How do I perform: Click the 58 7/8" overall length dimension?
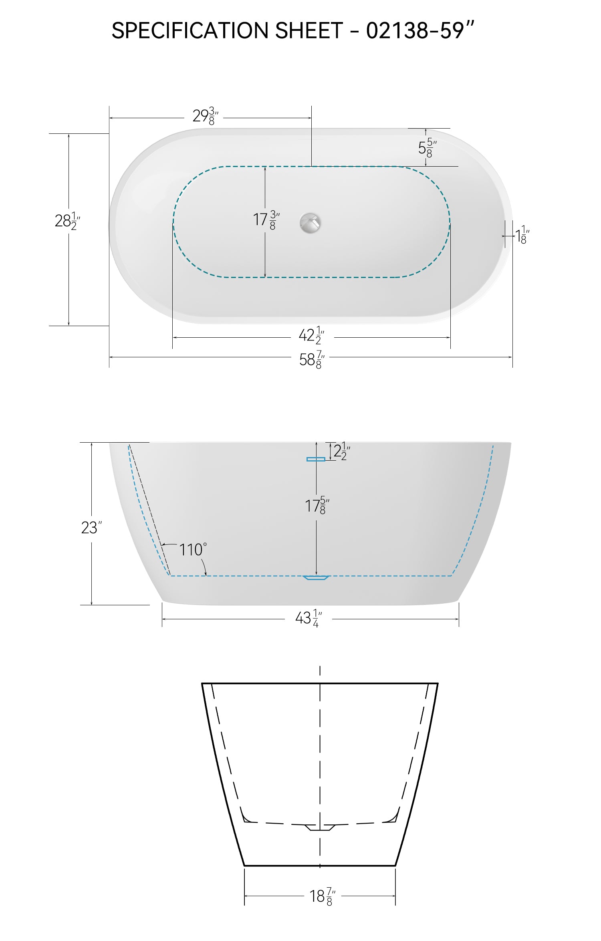point(312,359)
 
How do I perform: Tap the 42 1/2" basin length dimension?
point(311,335)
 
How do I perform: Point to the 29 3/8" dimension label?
point(205,116)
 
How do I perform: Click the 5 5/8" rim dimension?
point(427,148)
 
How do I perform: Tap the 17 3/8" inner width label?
point(266,220)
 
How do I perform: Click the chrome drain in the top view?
point(310,223)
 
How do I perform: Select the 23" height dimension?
point(91,528)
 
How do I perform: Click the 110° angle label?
point(193,550)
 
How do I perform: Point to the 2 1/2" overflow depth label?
point(342,451)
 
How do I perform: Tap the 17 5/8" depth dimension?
point(317,506)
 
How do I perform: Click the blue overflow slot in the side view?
point(316,459)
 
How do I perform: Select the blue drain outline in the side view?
point(316,578)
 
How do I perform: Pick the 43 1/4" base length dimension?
point(309,618)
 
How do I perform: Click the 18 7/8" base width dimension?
point(322,896)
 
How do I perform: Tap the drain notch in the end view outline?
point(319,827)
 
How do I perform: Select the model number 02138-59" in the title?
point(420,30)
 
